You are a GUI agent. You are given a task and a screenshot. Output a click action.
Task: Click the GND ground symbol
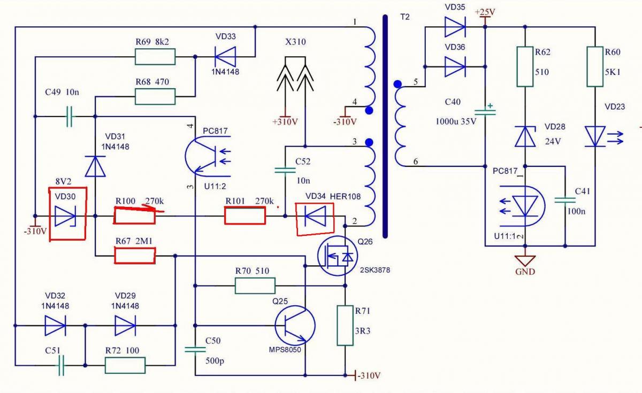(x=525, y=261)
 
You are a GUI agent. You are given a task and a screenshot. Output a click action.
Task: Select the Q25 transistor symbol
(x=294, y=325)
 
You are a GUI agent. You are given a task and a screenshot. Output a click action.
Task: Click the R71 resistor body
(x=345, y=325)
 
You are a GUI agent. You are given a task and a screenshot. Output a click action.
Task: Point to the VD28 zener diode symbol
(x=525, y=136)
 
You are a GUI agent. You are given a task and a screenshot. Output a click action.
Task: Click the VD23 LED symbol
(x=596, y=136)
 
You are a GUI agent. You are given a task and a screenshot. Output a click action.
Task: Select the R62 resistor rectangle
(x=525, y=66)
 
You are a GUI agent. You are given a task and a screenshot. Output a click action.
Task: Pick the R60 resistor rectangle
(x=595, y=66)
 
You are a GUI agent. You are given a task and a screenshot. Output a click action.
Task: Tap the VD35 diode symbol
(x=455, y=24)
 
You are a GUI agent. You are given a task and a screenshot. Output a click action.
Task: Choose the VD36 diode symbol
(x=455, y=66)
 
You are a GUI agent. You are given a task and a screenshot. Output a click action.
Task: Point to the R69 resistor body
(x=155, y=56)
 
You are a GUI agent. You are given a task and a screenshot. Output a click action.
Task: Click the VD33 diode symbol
(x=224, y=56)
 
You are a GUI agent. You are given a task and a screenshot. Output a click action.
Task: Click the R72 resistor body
(x=125, y=366)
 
